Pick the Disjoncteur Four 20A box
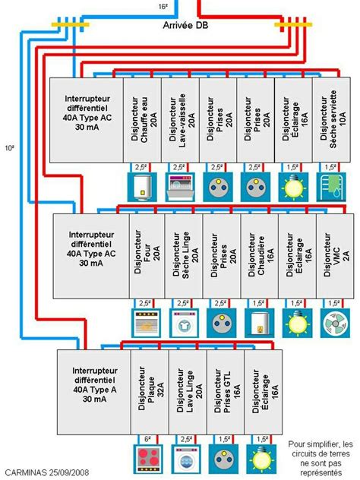[147, 255]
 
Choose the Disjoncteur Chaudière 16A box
[258, 255]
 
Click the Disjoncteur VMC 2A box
[333, 255]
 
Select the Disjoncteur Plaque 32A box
[149, 391]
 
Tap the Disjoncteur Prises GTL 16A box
[224, 391]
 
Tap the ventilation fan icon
[333, 323]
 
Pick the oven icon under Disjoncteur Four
[147, 323]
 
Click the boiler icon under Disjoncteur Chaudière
[258, 323]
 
